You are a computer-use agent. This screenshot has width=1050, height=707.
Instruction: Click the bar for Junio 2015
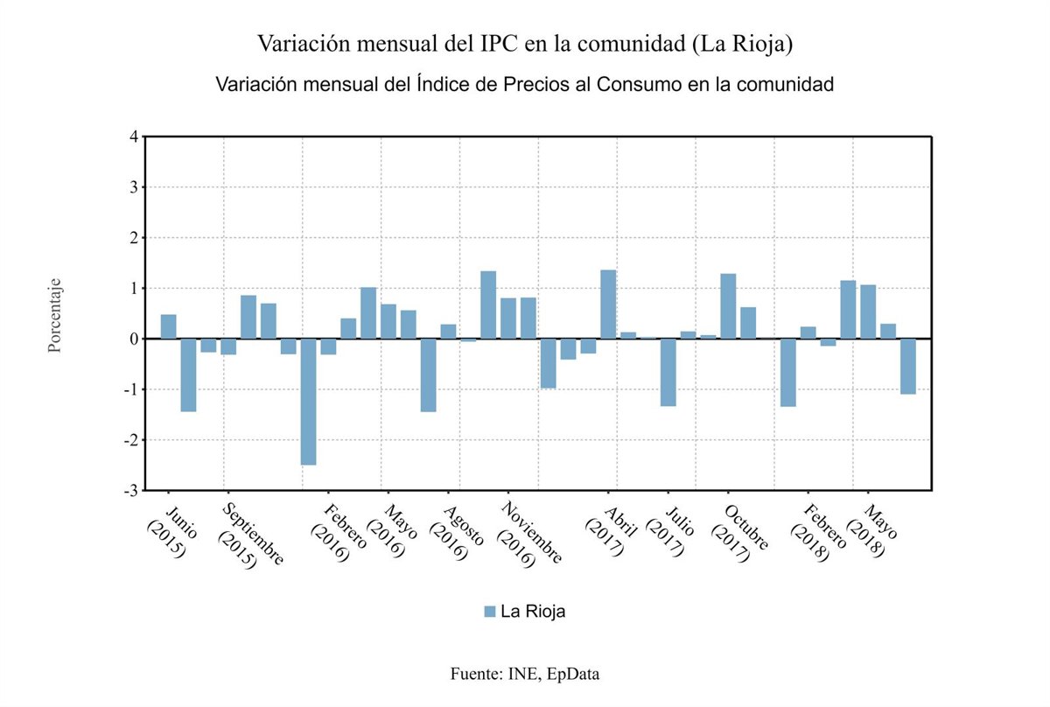click(168, 326)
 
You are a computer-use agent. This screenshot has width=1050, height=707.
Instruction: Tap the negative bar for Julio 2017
click(668, 372)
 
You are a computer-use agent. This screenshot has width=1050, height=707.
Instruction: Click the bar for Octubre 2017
click(728, 306)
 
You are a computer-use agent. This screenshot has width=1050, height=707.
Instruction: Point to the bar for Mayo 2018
click(868, 311)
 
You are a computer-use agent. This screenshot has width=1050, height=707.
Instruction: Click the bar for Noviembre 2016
click(508, 318)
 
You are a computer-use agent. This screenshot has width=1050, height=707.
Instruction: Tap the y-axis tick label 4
click(133, 136)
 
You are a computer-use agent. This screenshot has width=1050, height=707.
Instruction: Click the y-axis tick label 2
click(133, 238)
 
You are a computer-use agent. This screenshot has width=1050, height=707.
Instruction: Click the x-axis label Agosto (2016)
click(457, 532)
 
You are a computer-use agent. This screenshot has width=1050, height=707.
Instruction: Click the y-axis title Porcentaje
click(54, 317)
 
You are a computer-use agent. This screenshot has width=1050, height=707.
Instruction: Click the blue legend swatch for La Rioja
click(490, 611)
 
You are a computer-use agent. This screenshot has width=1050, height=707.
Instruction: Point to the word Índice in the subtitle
click(443, 85)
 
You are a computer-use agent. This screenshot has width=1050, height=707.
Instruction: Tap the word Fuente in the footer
click(473, 674)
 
